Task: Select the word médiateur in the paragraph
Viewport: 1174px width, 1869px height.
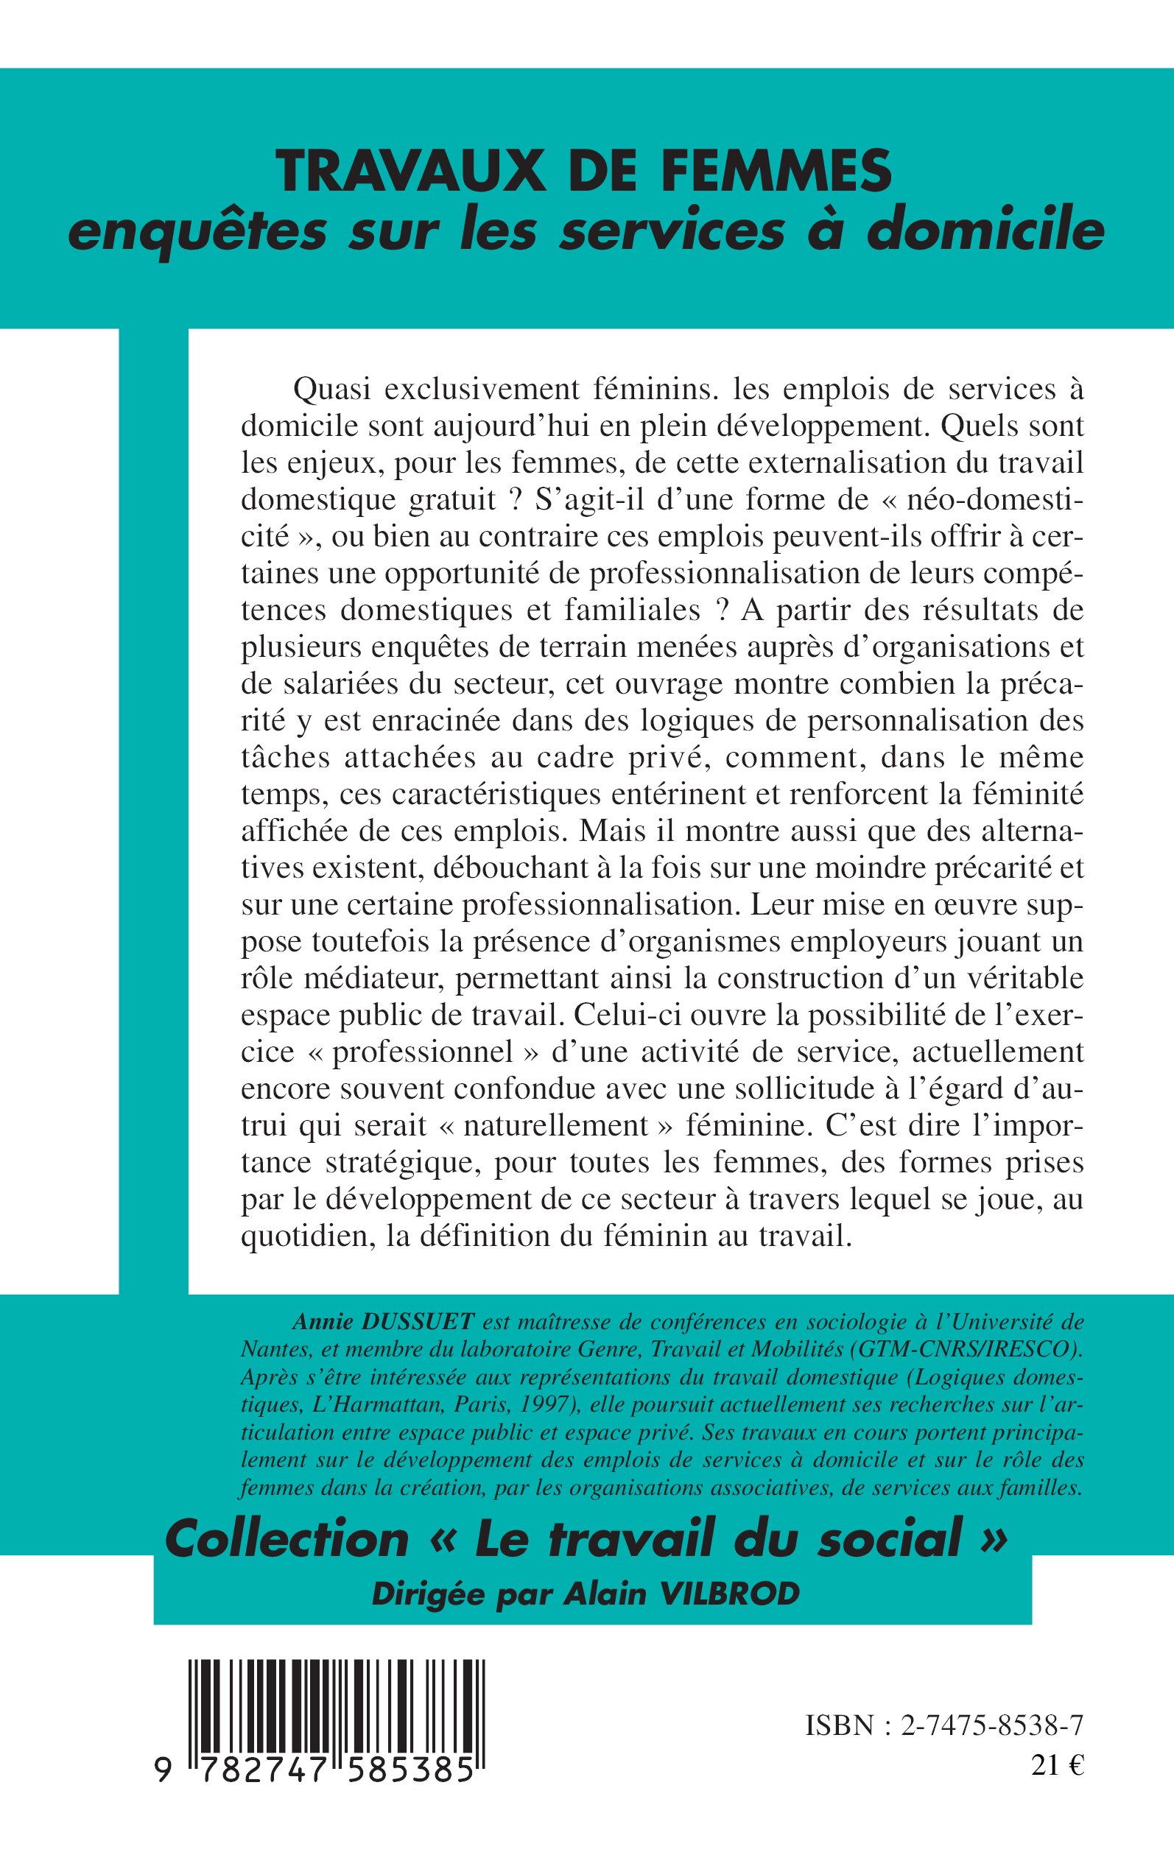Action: [365, 977]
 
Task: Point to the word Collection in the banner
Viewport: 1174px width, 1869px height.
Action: [287, 1539]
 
